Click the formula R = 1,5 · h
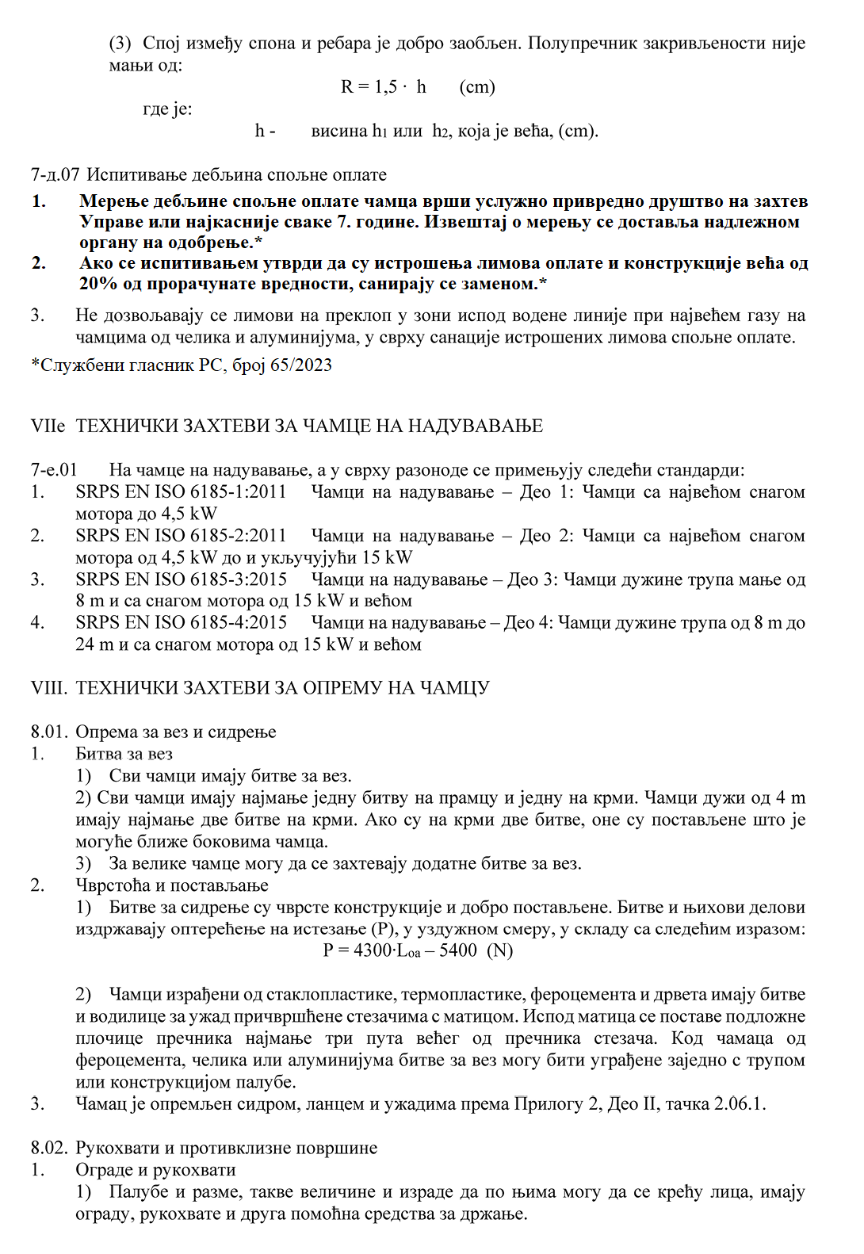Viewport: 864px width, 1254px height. click(383, 86)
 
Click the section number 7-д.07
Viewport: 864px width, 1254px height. click(55, 174)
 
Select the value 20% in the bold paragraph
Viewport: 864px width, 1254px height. click(96, 284)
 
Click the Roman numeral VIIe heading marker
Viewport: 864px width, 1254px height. click(48, 426)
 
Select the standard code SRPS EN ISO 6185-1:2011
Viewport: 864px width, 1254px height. click(181, 492)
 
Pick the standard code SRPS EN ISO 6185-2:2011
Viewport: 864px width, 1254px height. click(181, 536)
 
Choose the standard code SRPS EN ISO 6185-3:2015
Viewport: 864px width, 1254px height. click(181, 579)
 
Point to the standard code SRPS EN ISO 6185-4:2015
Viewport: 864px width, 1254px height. click(181, 623)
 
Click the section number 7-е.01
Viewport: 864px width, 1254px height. click(54, 470)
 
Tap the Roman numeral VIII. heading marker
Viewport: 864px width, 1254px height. click(49, 687)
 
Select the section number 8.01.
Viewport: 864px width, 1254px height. click(49, 732)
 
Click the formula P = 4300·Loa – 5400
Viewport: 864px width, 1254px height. click(400, 950)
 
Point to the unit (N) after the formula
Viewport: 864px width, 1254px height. click(500, 950)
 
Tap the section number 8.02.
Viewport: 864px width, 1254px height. click(49, 1148)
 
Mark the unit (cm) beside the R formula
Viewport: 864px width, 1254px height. click(477, 86)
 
